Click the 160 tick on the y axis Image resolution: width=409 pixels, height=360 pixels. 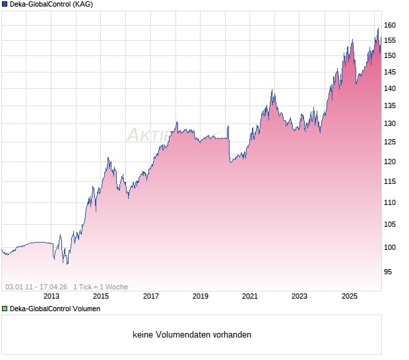point(390,25)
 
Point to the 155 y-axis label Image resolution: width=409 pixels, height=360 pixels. point(390,40)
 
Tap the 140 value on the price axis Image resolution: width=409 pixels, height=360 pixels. point(390,88)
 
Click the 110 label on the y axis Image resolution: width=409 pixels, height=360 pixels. point(390,202)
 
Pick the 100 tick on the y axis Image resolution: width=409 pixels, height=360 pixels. point(390,247)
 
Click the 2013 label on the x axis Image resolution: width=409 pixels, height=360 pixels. point(51,297)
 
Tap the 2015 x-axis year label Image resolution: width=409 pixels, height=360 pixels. point(101,297)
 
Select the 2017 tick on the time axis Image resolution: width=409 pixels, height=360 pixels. point(151,297)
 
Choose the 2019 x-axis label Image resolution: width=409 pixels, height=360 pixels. point(201,297)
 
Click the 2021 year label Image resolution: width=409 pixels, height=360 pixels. point(250,297)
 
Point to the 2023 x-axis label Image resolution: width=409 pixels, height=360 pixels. point(299,297)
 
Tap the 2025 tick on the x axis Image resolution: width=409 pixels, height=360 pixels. point(350,297)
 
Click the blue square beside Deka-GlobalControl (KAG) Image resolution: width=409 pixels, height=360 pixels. point(5,4)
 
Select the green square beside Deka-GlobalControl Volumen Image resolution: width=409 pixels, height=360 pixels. point(5,309)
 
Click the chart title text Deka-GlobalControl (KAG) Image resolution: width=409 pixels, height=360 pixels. point(51,5)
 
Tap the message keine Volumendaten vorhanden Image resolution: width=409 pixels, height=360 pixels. point(192,335)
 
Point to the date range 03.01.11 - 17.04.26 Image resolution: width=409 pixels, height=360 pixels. point(36,287)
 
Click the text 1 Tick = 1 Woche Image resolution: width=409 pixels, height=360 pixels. point(100,287)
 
